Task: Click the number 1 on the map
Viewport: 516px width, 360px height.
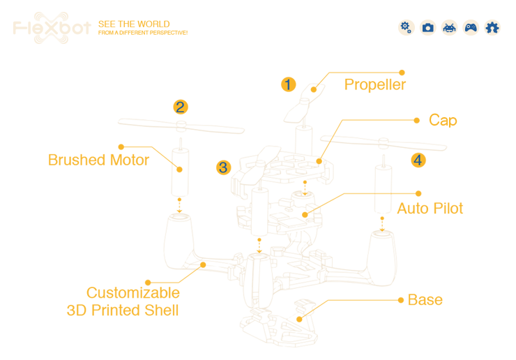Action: pos(287,85)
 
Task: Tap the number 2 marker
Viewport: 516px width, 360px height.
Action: pos(180,107)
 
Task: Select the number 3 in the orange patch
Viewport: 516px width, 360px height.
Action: pos(222,167)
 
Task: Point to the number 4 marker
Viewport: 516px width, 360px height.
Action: pos(417,160)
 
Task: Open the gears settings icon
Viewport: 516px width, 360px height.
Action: pos(406,27)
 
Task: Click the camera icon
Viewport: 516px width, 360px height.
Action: pos(427,27)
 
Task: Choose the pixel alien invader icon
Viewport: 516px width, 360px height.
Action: pos(449,27)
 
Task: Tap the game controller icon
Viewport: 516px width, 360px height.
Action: pos(471,27)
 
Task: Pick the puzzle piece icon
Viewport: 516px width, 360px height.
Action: pos(492,27)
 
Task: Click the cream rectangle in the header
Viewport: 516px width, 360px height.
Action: pos(53,28)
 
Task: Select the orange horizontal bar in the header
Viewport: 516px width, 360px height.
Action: pos(148,27)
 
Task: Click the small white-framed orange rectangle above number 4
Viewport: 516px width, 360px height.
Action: pos(442,121)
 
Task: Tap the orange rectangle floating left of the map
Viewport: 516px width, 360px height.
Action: pos(77,159)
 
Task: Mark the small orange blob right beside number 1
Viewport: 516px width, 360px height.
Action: pos(313,90)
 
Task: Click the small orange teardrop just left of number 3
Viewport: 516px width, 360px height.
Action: pos(179,168)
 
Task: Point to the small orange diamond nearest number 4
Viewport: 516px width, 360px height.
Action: pos(382,193)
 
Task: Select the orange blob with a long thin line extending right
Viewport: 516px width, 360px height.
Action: pos(179,204)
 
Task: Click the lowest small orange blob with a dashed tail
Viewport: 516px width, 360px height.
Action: pos(300,319)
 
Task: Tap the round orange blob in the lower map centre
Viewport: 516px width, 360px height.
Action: pos(259,244)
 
